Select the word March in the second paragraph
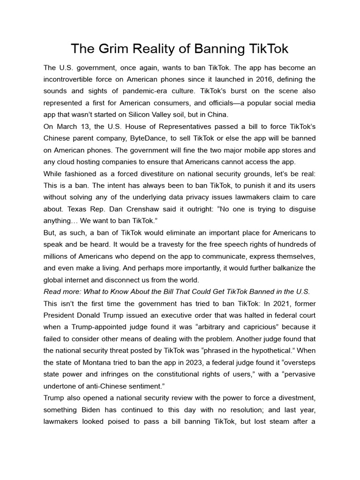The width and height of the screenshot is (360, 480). (x=68, y=127)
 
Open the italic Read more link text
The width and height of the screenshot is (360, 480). (x=177, y=292)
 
